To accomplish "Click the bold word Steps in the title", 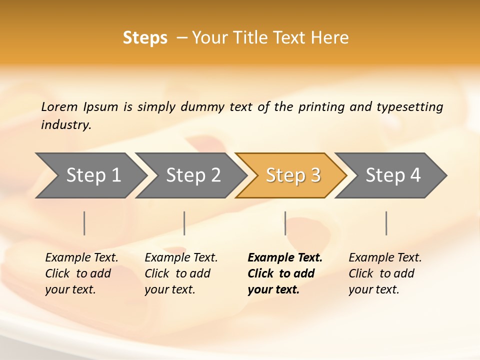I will (x=145, y=38).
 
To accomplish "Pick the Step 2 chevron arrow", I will (x=193, y=175).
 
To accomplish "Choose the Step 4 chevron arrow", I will (x=393, y=175).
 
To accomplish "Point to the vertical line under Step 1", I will (x=84, y=223).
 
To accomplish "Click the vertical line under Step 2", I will (x=184, y=223).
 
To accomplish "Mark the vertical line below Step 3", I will (x=285, y=223).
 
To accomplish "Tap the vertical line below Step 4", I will (x=386, y=223).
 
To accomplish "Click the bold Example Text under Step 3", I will (x=285, y=273).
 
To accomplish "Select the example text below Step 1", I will (x=81, y=273).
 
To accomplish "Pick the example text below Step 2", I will (x=180, y=273).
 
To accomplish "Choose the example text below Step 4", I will (x=384, y=273).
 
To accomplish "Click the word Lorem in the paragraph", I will (x=59, y=107).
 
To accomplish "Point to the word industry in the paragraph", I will (x=65, y=125).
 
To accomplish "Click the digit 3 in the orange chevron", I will (x=315, y=175).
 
